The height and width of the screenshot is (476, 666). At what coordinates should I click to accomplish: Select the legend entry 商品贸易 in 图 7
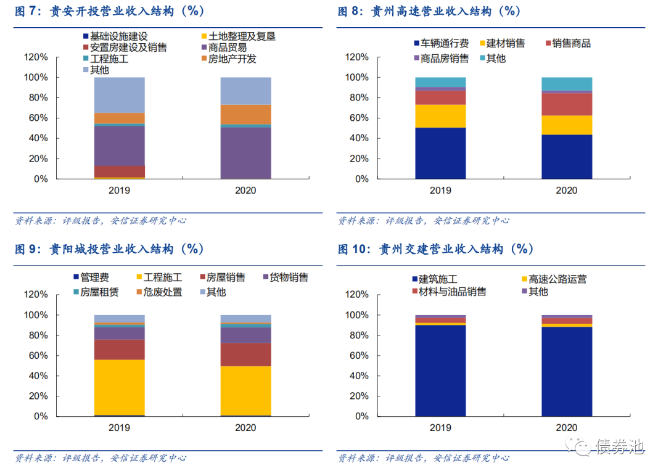[227, 47]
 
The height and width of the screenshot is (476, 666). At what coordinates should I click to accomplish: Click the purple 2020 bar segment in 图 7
[245, 153]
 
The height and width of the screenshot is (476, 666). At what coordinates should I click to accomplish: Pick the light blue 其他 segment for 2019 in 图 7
[119, 95]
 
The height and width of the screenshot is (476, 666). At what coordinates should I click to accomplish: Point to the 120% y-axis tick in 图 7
[35, 57]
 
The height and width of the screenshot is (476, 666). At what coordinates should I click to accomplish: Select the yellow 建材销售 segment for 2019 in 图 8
[440, 116]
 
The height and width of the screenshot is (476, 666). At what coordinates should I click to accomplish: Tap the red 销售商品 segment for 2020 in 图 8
[566, 104]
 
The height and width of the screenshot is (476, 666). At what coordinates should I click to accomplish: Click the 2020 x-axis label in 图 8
[566, 191]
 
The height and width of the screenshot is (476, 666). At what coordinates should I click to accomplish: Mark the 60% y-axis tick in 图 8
[358, 118]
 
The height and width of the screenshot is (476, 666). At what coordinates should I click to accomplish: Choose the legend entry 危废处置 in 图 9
[162, 292]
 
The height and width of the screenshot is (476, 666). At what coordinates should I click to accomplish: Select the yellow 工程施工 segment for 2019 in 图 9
[119, 387]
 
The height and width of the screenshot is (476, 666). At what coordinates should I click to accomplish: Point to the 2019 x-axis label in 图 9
[119, 428]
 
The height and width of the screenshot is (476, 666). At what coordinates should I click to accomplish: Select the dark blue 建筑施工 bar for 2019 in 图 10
[440, 370]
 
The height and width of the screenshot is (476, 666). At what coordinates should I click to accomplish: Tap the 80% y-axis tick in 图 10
[358, 335]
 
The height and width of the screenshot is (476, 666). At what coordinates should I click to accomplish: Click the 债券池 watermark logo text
[619, 446]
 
